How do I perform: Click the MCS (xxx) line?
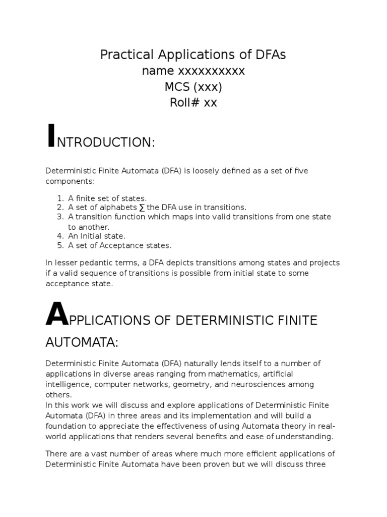193,87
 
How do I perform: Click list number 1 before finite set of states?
60,198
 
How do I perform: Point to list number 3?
60,217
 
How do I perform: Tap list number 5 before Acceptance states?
60,245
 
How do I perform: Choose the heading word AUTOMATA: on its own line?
82,343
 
